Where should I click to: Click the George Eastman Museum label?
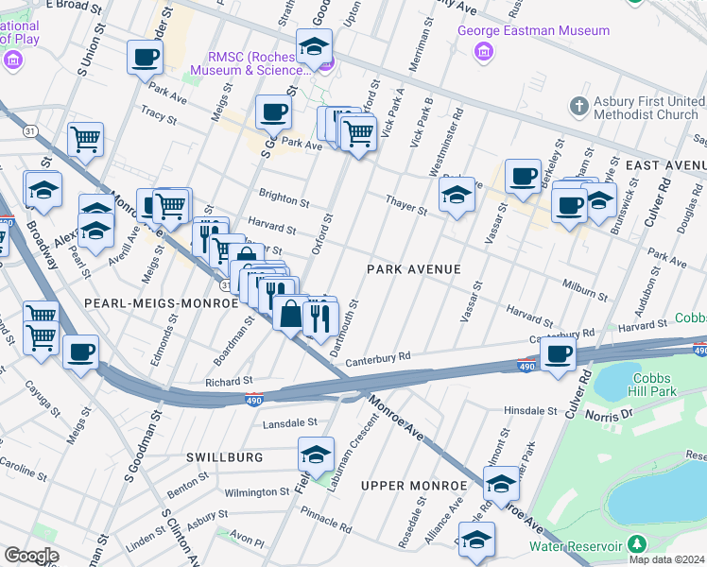[x=534, y=30]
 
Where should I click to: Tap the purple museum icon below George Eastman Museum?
[x=484, y=51]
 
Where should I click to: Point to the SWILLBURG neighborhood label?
[x=224, y=457]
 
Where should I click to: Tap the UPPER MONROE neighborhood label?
[x=414, y=486]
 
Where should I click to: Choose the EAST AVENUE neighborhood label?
[x=666, y=164]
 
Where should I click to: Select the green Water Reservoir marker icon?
[x=636, y=544]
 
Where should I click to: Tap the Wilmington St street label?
[x=256, y=492]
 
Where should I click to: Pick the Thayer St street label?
[x=405, y=205]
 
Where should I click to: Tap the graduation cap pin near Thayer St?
[x=457, y=196]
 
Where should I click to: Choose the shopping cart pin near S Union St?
[x=85, y=140]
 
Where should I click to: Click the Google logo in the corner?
[x=30, y=556]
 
